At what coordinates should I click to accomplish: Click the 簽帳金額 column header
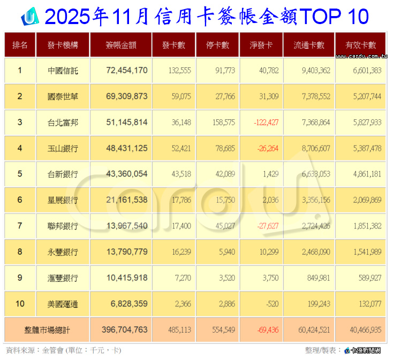coord(121,45)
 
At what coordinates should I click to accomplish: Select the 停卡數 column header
coord(217,45)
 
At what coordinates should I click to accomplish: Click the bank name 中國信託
coord(63,70)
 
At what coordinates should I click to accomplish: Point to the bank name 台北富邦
coord(63,122)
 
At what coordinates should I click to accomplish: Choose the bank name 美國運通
coord(63,304)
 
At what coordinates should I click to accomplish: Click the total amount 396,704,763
coord(125,330)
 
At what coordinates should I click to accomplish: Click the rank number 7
coord(20,226)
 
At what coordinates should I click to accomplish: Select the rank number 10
coord(20,304)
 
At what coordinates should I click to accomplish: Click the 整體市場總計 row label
coord(48,330)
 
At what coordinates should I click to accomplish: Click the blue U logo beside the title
coord(29,17)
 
